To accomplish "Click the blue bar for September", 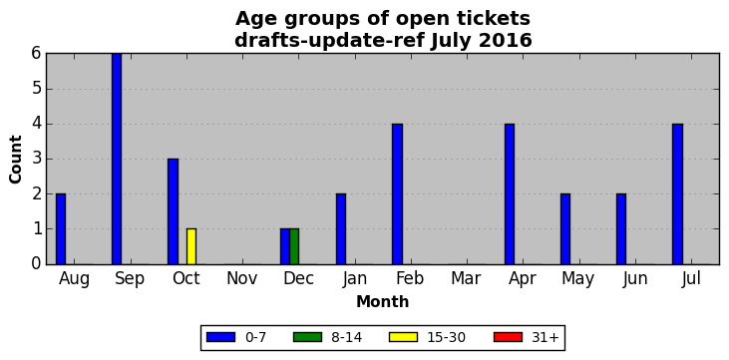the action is [117, 159].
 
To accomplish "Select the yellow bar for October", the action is [191, 246].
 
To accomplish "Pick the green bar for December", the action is [294, 246].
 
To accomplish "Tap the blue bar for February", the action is [397, 193].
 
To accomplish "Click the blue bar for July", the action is [677, 193].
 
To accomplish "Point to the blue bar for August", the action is [61, 228].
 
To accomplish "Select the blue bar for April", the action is [509, 193].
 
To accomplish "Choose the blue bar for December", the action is [284, 246].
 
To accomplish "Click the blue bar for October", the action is [173, 211].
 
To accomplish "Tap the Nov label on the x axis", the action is [241, 278].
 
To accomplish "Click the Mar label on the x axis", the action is [466, 278].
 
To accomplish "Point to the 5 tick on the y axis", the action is [37, 89].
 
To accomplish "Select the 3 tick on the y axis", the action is [37, 160].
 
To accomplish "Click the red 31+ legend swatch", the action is [508, 337].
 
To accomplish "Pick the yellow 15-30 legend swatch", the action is [404, 337].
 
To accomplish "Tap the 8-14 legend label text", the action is [346, 338].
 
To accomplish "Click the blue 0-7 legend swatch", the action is [220, 337].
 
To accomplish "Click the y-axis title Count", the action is [15, 160].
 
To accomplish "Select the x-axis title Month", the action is [383, 302].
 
